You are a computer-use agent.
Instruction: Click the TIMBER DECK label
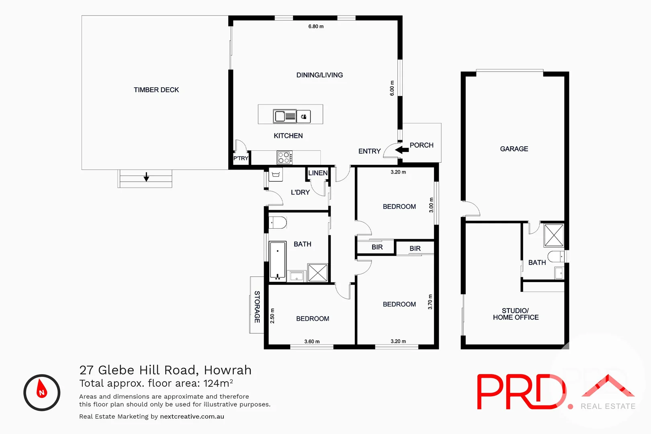pos(156,90)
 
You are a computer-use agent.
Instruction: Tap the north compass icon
pos(42,393)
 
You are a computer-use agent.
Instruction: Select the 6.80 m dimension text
pos(316,27)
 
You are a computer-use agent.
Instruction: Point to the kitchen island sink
pos(285,117)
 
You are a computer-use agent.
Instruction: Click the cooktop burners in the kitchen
pos(285,158)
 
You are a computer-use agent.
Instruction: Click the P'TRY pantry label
pos(241,158)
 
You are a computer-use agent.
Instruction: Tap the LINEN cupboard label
pos(318,173)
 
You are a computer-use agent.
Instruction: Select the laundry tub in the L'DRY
pos(276,174)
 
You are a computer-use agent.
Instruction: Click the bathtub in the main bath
pos(277,260)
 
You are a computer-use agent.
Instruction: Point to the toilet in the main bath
pos(277,222)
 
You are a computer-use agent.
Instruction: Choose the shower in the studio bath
pos(554,235)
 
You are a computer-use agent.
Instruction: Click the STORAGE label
pos(257,307)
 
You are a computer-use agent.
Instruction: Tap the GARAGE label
pos(514,149)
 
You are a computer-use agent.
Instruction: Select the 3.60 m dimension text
pos(312,342)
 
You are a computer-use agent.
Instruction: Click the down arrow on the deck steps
pos(146,177)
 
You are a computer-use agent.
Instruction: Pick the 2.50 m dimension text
pos(272,316)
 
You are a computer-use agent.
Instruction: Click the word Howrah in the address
pos(227,370)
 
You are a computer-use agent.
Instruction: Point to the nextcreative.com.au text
pos(192,417)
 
